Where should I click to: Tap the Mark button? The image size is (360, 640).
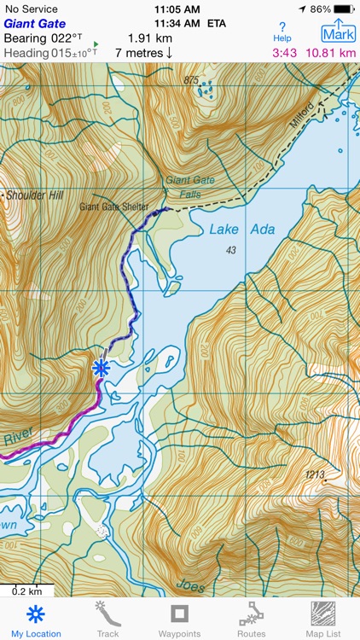pyautogui.click(x=339, y=32)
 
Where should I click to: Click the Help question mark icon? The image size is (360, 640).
pyautogui.click(x=282, y=32)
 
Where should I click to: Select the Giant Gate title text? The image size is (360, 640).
pyautogui.click(x=34, y=23)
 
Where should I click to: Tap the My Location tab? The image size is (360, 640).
pyautogui.click(x=36, y=620)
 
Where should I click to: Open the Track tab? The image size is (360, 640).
pyautogui.click(x=107, y=620)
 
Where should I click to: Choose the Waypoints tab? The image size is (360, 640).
pyautogui.click(x=179, y=620)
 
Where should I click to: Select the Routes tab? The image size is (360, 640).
pyautogui.click(x=251, y=620)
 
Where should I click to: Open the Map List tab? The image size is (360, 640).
pyautogui.click(x=322, y=620)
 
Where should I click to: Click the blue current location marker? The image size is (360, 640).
pyautogui.click(x=102, y=368)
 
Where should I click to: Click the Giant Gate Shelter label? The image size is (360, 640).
pyautogui.click(x=113, y=207)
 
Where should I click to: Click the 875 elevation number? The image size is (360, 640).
pyautogui.click(x=190, y=80)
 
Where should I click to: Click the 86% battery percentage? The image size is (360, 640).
pyautogui.click(x=320, y=9)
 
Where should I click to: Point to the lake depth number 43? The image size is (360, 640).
pyautogui.click(x=229, y=249)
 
